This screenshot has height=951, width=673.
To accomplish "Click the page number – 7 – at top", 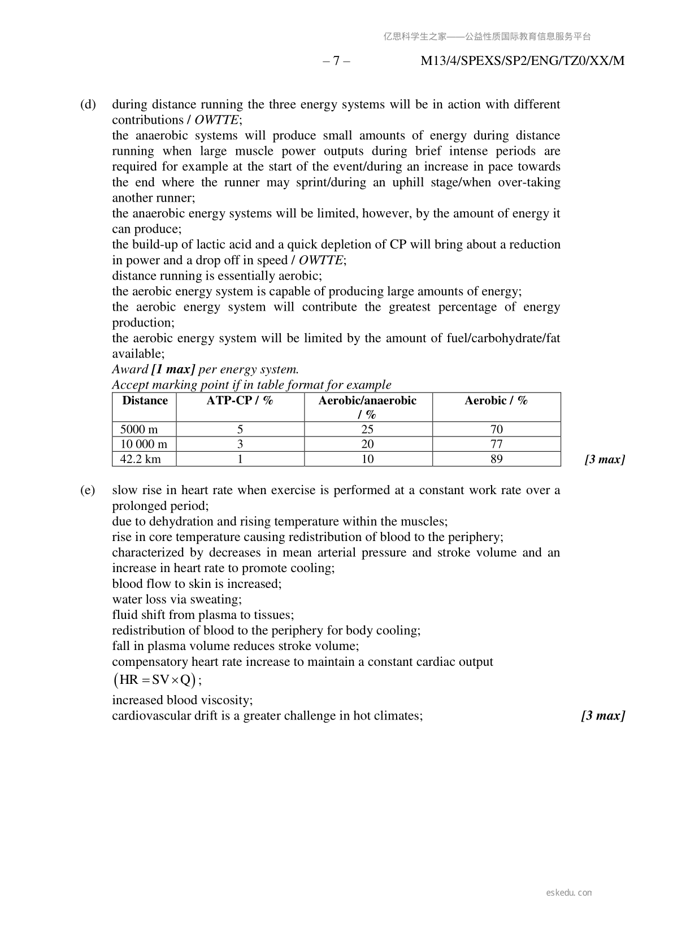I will pyautogui.click(x=336, y=61).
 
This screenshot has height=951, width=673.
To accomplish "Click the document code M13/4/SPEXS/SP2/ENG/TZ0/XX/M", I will pyautogui.click(x=522, y=61).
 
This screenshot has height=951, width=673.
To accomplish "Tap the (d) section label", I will pyautogui.click(x=88, y=104).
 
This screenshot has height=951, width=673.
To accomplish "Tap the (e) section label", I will pyautogui.click(x=88, y=490).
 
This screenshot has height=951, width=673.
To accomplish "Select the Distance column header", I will pyautogui.click(x=145, y=401).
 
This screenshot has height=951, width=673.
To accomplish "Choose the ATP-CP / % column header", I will pyautogui.click(x=240, y=401).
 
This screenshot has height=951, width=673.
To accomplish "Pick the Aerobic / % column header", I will pyautogui.click(x=496, y=401).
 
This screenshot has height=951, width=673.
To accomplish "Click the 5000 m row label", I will pyautogui.click(x=139, y=429).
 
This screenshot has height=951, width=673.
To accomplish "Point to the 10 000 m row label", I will pyautogui.click(x=144, y=444).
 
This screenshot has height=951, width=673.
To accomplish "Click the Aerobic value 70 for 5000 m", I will pyautogui.click(x=496, y=429).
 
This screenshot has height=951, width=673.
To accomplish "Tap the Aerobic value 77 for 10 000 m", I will pyautogui.click(x=496, y=444).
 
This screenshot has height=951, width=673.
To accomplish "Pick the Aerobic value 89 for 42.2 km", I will pyautogui.click(x=496, y=459).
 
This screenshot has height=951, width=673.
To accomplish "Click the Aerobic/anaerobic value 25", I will pyautogui.click(x=367, y=429).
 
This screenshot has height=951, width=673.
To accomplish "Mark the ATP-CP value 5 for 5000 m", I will pyautogui.click(x=240, y=429).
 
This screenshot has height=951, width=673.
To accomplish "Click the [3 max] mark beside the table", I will pyautogui.click(x=604, y=459).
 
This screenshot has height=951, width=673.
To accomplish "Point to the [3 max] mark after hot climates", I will pyautogui.click(x=603, y=716).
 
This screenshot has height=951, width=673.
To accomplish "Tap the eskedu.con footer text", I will pyautogui.click(x=569, y=893).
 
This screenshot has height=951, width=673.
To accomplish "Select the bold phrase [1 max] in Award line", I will pyautogui.click(x=173, y=370).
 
